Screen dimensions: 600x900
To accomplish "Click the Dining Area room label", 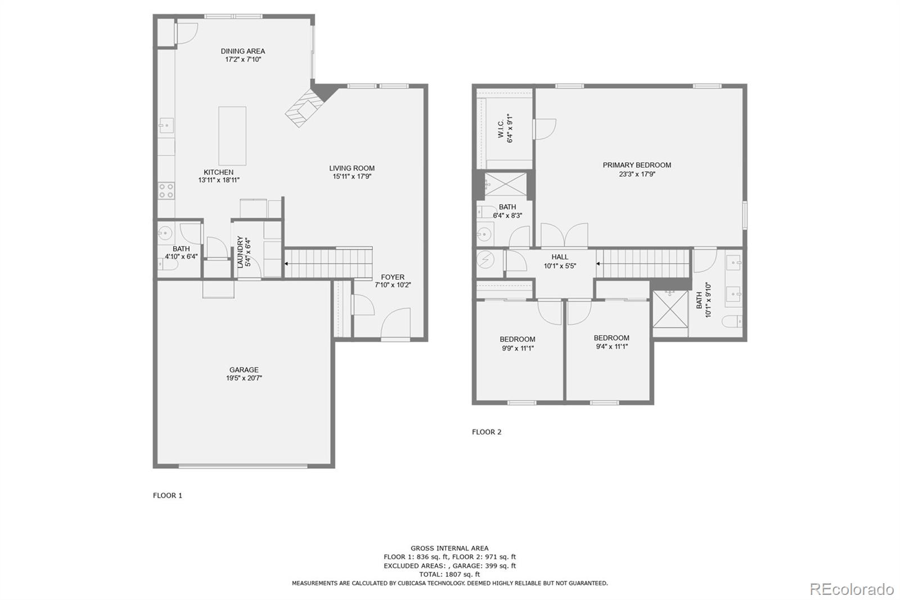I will coord(242,51).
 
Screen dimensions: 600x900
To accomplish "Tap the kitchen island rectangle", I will coord(232,136).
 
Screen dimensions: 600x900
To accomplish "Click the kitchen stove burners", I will coord(166,191).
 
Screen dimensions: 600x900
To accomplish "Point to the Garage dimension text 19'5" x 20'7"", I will coord(244,378).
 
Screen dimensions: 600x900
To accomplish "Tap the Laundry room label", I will coord(240,252).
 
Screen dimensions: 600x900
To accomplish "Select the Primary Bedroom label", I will coord(637,165).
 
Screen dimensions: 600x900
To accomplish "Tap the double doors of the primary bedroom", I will coord(564,235).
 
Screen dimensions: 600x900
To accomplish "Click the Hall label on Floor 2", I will coord(560,257).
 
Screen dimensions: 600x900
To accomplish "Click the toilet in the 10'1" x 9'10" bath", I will coord(731,323).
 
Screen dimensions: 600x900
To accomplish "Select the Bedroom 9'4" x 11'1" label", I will coord(611,338).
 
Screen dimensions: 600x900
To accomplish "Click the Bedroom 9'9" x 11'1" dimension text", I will coord(517,348).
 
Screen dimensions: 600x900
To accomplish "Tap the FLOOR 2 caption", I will coord(487,432).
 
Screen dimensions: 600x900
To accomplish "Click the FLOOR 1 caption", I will coord(168,496).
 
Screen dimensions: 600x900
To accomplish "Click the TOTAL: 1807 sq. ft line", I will coord(449,575).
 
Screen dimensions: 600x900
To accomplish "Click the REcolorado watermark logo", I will coord(851,589).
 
